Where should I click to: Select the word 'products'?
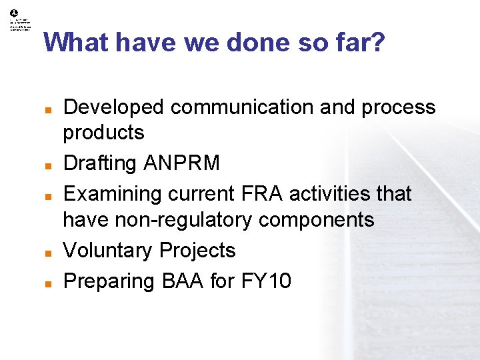(x=103, y=133)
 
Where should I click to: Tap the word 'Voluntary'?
(x=107, y=251)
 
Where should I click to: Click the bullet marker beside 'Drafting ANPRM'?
(x=48, y=164)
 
